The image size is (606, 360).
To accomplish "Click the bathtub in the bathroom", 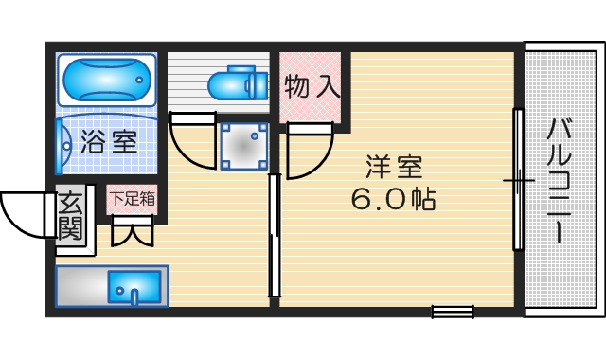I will coord(105,81).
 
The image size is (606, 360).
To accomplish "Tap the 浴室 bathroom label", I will coord(107,143).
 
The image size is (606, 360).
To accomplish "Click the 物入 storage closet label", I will coord(312,87).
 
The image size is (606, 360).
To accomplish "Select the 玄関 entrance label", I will coord(70,216).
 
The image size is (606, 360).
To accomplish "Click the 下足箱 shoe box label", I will coord(132,199).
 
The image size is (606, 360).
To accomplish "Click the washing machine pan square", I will coord(243,145).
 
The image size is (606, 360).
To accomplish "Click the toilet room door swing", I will coord(192,139).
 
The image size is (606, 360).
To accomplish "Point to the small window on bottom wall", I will coord(452,312).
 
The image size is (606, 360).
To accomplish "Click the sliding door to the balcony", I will coord(518,179).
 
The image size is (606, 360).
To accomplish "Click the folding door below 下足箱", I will coord(131,230).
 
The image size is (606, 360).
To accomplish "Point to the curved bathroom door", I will coord(62,148).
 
